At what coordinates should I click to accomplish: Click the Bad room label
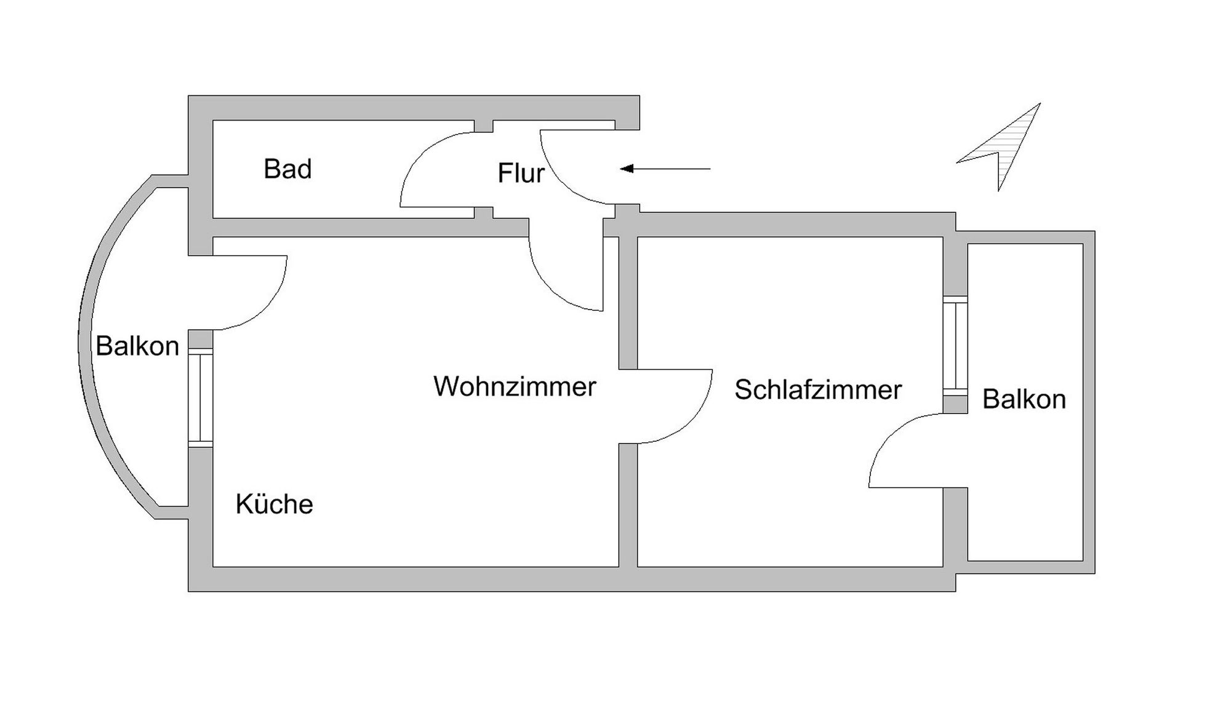click(287, 169)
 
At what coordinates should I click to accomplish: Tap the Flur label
click(521, 174)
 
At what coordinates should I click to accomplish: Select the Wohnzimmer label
click(515, 387)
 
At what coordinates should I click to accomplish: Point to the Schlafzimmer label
click(818, 390)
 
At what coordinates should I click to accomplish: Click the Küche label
click(274, 505)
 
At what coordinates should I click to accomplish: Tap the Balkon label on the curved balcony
click(137, 346)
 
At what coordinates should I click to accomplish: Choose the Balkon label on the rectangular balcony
click(1024, 399)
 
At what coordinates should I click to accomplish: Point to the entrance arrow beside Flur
click(665, 169)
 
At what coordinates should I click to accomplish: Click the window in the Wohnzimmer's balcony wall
click(201, 397)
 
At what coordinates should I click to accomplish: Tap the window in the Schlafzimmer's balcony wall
click(955, 345)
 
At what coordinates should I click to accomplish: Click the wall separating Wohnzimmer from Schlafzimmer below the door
click(628, 505)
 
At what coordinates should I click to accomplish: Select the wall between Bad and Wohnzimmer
click(369, 228)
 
